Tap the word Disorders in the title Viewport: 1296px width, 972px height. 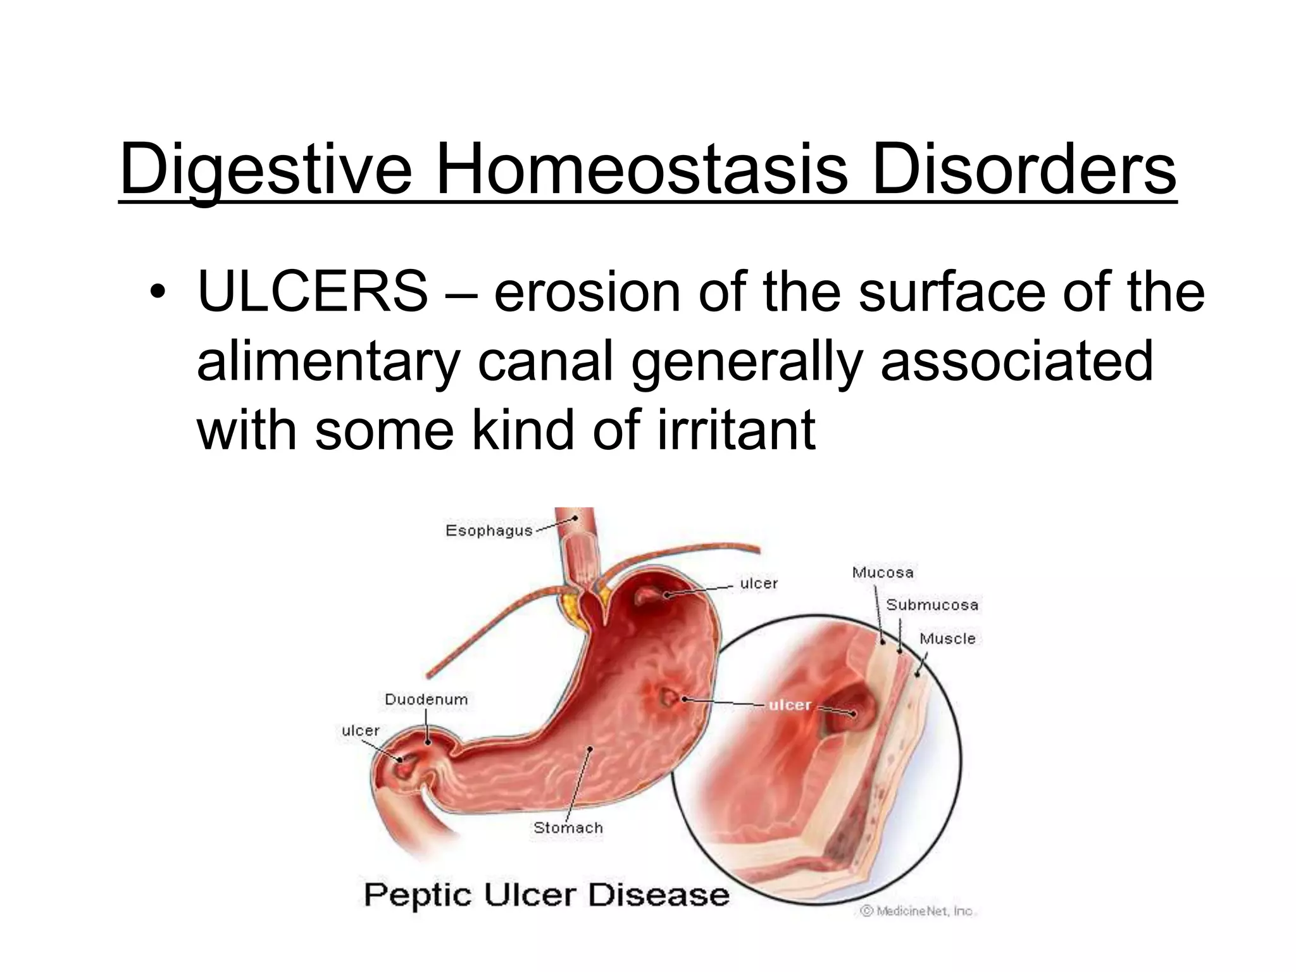point(1023,170)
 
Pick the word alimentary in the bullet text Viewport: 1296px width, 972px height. point(328,361)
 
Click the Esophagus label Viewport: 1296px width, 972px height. point(489,530)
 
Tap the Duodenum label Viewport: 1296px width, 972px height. point(427,699)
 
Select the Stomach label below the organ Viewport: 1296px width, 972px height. point(568,827)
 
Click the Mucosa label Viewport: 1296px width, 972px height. point(883,573)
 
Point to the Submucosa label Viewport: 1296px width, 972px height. point(932,605)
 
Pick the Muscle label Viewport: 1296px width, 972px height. point(947,639)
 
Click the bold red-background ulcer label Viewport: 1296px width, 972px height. point(790,705)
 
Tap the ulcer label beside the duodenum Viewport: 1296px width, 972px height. point(361,730)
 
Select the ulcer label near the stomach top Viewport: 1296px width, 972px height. point(759,583)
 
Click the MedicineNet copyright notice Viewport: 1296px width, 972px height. point(918,911)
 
